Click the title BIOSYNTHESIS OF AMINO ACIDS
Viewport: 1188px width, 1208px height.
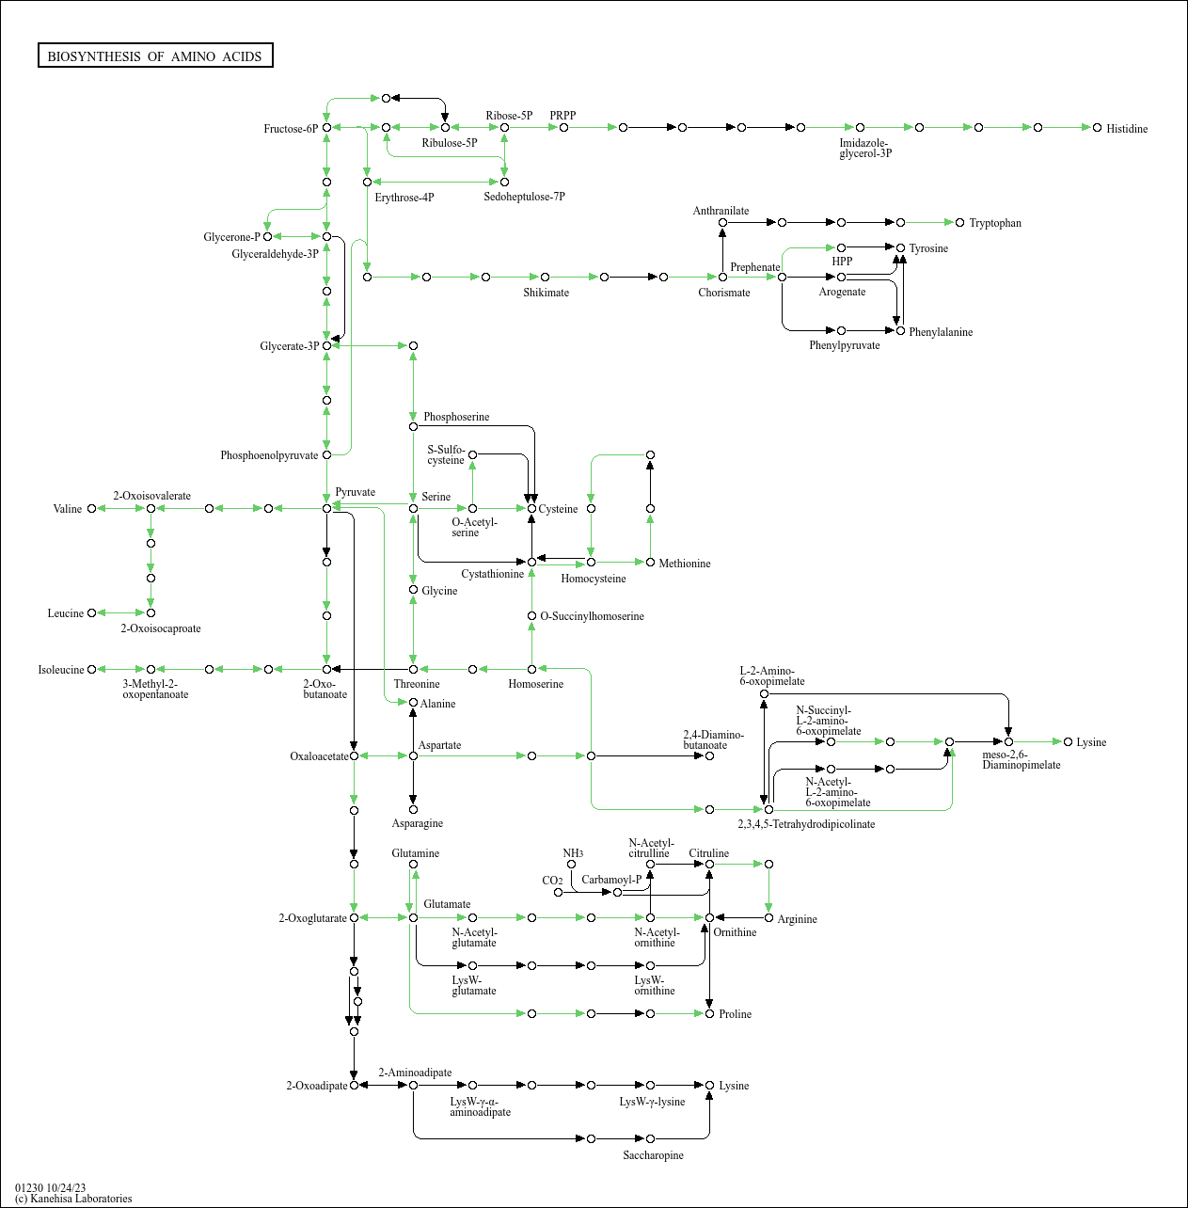pyautogui.click(x=155, y=56)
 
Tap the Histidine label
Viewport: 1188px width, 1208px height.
pyautogui.click(x=1126, y=129)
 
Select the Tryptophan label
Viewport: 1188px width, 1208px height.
pyautogui.click(x=994, y=223)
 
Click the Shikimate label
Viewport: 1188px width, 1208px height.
pyautogui.click(x=546, y=293)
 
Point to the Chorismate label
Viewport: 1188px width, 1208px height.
pyautogui.click(x=723, y=293)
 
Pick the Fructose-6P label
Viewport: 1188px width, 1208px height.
pyautogui.click(x=291, y=129)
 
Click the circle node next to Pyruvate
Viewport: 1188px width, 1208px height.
pyautogui.click(x=327, y=508)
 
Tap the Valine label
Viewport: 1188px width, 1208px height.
pyautogui.click(x=68, y=509)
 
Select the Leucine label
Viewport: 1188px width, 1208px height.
pyautogui.click(x=66, y=613)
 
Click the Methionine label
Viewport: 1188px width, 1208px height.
pyautogui.click(x=684, y=564)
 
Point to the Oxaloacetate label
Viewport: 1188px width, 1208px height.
pyautogui.click(x=319, y=756)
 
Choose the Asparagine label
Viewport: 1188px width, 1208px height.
pyautogui.click(x=417, y=823)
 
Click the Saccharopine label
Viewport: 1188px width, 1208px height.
pyautogui.click(x=653, y=1155)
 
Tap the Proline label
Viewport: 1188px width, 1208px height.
pyautogui.click(x=735, y=1014)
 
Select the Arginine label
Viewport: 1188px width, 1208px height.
pyautogui.click(x=797, y=919)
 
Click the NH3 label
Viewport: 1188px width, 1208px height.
pyautogui.click(x=573, y=853)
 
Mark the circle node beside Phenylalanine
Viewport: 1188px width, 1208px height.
pyautogui.click(x=900, y=331)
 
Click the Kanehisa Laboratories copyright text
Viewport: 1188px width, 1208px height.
pyautogui.click(x=73, y=1199)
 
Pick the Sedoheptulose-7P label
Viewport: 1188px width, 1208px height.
pyautogui.click(x=524, y=197)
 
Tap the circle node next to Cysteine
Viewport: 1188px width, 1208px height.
pyautogui.click(x=531, y=508)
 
